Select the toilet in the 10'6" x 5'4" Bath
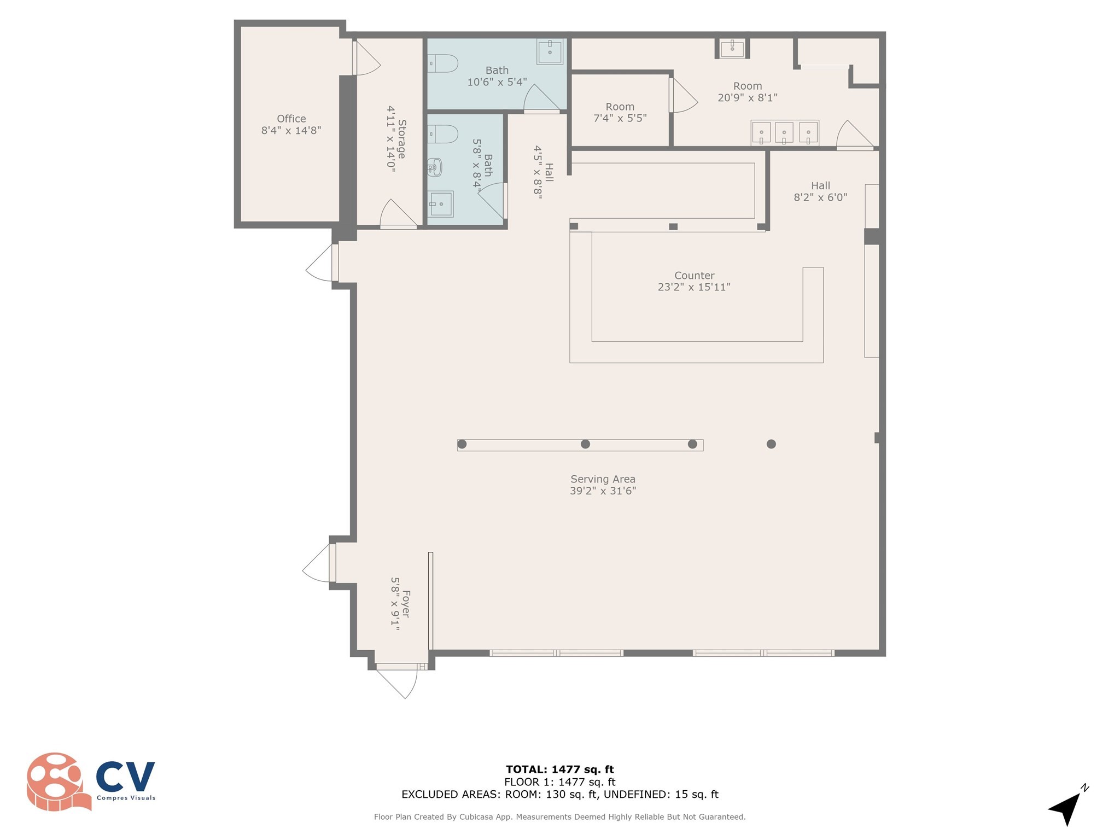click(x=442, y=63)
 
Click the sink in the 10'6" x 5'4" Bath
click(x=550, y=52)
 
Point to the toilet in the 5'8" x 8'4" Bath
click(x=442, y=134)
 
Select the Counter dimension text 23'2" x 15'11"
click(x=694, y=287)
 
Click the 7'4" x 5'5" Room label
click(x=620, y=112)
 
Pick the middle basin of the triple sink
click(x=784, y=133)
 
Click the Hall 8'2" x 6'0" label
click(x=820, y=191)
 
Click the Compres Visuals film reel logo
click(x=59, y=781)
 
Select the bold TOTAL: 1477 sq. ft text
click(x=560, y=769)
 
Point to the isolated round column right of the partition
click(x=771, y=444)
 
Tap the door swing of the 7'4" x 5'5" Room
click(x=683, y=95)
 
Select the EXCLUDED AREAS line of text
click(x=560, y=795)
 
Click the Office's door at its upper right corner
click(x=366, y=58)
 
